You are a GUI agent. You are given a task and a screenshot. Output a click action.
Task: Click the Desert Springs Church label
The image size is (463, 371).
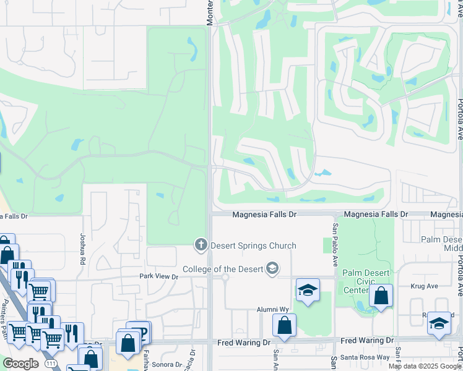pyautogui.click(x=253, y=245)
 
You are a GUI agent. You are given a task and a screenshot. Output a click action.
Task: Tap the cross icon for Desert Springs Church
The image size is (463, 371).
pyautogui.click(x=200, y=245)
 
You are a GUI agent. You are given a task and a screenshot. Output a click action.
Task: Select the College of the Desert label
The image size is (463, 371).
pyautogui.click(x=223, y=269)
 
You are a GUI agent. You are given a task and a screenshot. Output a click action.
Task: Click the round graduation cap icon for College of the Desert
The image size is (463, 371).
pyautogui.click(x=271, y=269)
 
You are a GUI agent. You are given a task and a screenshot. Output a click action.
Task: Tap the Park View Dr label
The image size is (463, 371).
pyautogui.click(x=158, y=276)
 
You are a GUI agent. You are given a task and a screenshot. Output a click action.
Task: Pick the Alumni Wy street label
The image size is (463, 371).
pyautogui.click(x=273, y=309)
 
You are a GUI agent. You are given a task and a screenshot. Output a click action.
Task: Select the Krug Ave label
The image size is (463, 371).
pyautogui.click(x=424, y=286)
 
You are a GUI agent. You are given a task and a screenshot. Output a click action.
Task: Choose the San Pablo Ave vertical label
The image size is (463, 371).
pyautogui.click(x=335, y=245)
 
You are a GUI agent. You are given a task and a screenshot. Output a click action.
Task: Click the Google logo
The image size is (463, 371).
pyautogui.click(x=20, y=364)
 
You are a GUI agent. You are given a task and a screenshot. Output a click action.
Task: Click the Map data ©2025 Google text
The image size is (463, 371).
pyautogui.click(x=425, y=366)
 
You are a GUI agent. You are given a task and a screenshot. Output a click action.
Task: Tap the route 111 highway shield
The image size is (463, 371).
pyautogui.click(x=49, y=365)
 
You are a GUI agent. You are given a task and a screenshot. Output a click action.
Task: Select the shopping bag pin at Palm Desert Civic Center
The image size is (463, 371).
pyautogui.click(x=381, y=297)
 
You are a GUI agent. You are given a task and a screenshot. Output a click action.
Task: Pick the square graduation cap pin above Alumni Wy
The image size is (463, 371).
pyautogui.click(x=308, y=291)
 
